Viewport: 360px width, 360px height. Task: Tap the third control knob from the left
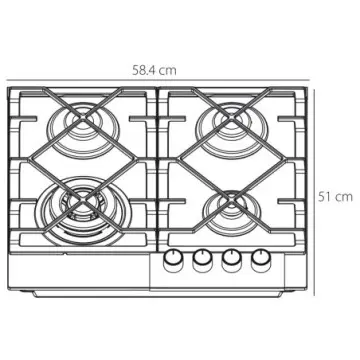[233, 260]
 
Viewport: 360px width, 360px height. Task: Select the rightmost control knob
[262, 260]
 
